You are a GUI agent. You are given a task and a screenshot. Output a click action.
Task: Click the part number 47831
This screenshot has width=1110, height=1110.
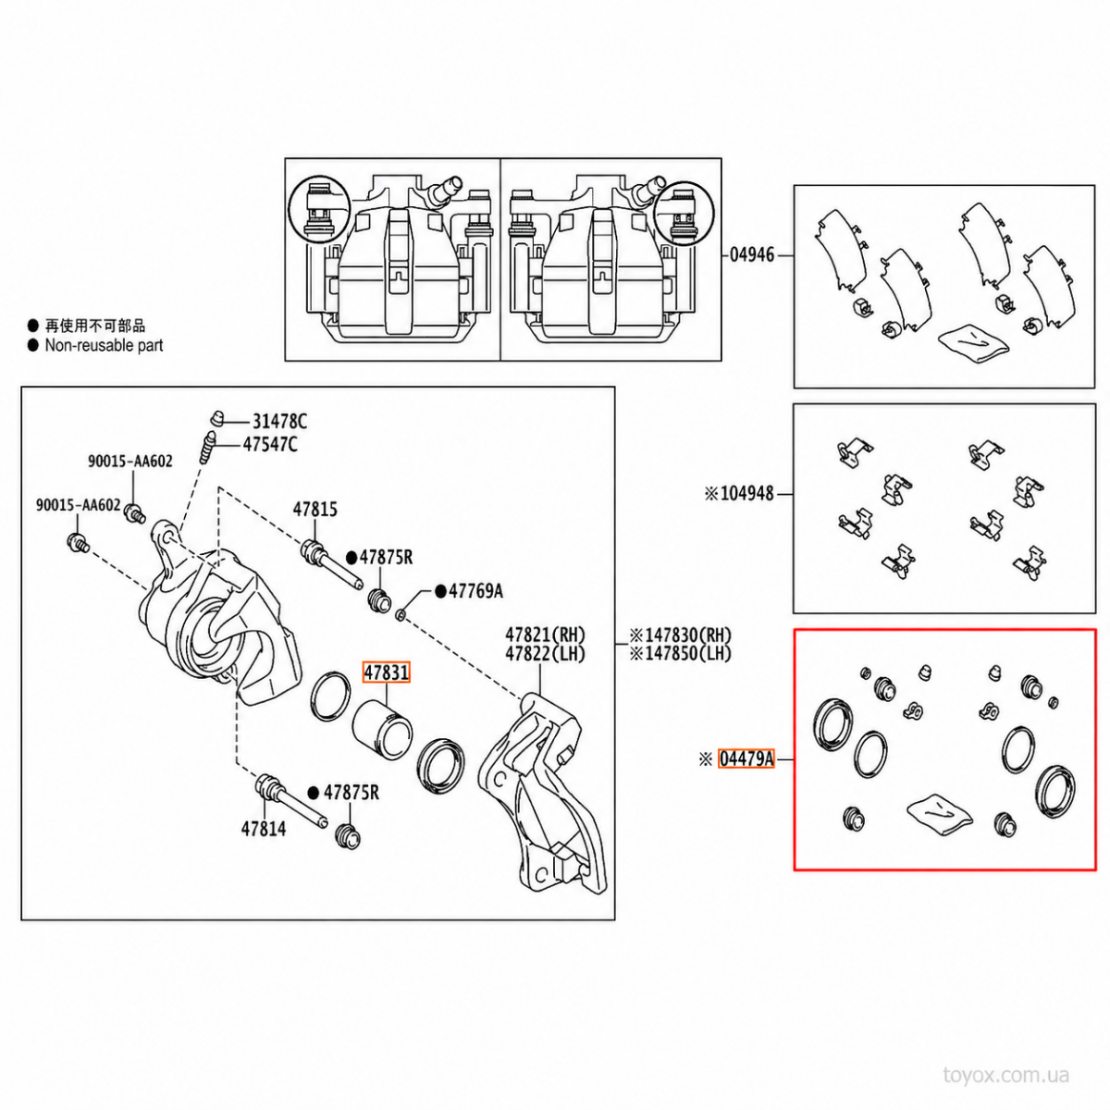click(x=386, y=672)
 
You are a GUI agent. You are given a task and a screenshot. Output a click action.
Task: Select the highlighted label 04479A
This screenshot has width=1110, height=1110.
click(x=746, y=759)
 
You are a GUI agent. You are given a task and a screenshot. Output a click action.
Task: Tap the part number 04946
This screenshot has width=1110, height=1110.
click(x=752, y=254)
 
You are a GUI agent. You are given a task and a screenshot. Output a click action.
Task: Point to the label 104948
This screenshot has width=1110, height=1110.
click(x=746, y=494)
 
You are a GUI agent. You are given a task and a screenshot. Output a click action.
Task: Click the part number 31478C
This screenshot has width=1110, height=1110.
click(x=280, y=422)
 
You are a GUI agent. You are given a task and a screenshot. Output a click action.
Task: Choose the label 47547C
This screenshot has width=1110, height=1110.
click(x=270, y=444)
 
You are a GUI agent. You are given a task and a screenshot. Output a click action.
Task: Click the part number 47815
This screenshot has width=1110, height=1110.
click(x=315, y=509)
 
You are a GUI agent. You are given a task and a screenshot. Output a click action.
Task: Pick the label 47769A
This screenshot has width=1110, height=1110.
click(x=475, y=591)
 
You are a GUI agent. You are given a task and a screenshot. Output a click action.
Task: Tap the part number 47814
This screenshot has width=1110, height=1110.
click(x=264, y=829)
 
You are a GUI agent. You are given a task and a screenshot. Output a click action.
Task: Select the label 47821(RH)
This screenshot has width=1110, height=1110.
click(x=546, y=635)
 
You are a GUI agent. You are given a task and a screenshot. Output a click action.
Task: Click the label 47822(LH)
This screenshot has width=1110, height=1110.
click(x=546, y=654)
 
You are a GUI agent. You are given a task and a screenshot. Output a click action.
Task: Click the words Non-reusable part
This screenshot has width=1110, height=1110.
click(x=104, y=346)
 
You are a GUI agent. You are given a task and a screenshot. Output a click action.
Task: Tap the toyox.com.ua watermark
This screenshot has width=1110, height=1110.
click(x=1005, y=1075)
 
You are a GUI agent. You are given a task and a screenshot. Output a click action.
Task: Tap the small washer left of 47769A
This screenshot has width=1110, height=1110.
click(x=401, y=616)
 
